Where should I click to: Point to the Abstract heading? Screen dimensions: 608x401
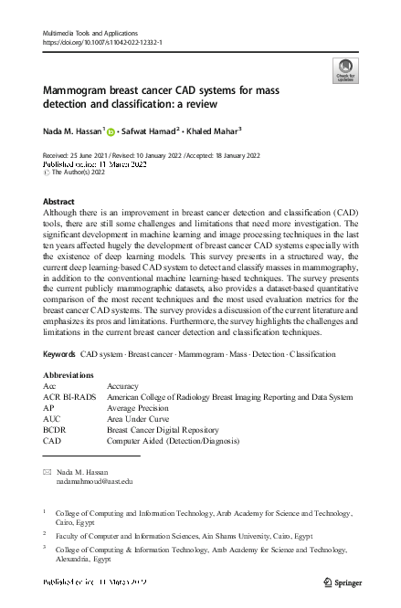tap(59, 202)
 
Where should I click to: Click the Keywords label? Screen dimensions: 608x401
tap(59, 352)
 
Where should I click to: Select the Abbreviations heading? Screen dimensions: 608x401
tap(69, 374)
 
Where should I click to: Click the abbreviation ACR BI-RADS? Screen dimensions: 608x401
tap(69, 397)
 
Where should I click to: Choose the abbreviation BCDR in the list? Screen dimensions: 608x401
tap(57, 429)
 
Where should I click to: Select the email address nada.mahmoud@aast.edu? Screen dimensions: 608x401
tap(94, 480)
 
